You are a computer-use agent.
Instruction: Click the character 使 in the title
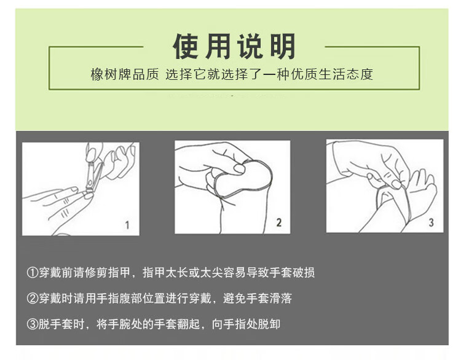tap(185, 47)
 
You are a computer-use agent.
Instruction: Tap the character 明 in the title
tap(283, 47)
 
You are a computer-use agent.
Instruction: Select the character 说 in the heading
tap(250, 47)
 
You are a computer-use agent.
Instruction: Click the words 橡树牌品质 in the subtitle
tap(125, 74)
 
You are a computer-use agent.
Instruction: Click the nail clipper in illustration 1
tap(93, 176)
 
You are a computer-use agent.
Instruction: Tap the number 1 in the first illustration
tap(127, 225)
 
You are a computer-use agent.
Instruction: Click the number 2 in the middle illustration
tap(278, 222)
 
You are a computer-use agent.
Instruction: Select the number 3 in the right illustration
tap(431, 222)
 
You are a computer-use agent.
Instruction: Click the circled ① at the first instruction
tap(33, 273)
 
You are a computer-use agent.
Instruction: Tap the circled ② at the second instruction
tap(33, 299)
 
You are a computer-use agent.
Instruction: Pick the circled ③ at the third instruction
tap(33, 324)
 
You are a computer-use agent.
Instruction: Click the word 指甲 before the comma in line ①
tap(119, 273)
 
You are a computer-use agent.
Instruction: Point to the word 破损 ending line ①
tap(304, 273)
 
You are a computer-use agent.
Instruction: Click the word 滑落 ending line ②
tap(280, 299)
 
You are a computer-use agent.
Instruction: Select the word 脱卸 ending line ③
tap(269, 324)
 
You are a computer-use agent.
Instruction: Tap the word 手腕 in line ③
tap(119, 324)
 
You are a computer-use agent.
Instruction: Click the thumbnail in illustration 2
tap(239, 169)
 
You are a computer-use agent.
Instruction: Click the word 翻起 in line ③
tap(189, 324)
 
